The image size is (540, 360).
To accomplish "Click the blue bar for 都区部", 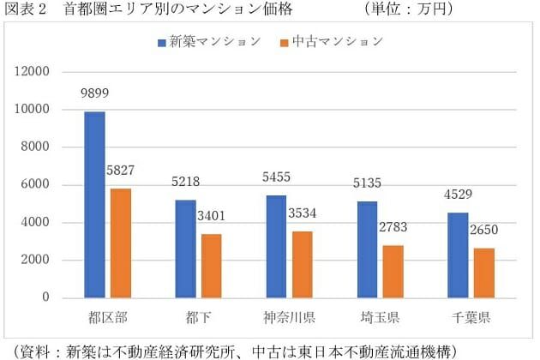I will click(94, 205).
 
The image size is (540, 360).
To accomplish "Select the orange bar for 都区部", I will click(122, 243).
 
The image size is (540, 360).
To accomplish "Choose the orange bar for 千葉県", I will click(484, 273).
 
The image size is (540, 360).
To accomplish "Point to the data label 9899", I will click(94, 93).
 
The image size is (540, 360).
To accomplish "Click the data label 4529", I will click(457, 194).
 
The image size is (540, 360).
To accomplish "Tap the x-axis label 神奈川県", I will click(290, 318).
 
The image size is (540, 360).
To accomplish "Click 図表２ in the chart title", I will click(24, 9).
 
